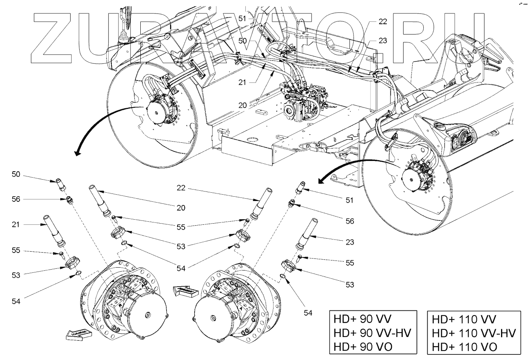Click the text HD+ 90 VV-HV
373,333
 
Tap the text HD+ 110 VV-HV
473,333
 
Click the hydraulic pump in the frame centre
303,99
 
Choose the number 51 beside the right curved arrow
349,200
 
